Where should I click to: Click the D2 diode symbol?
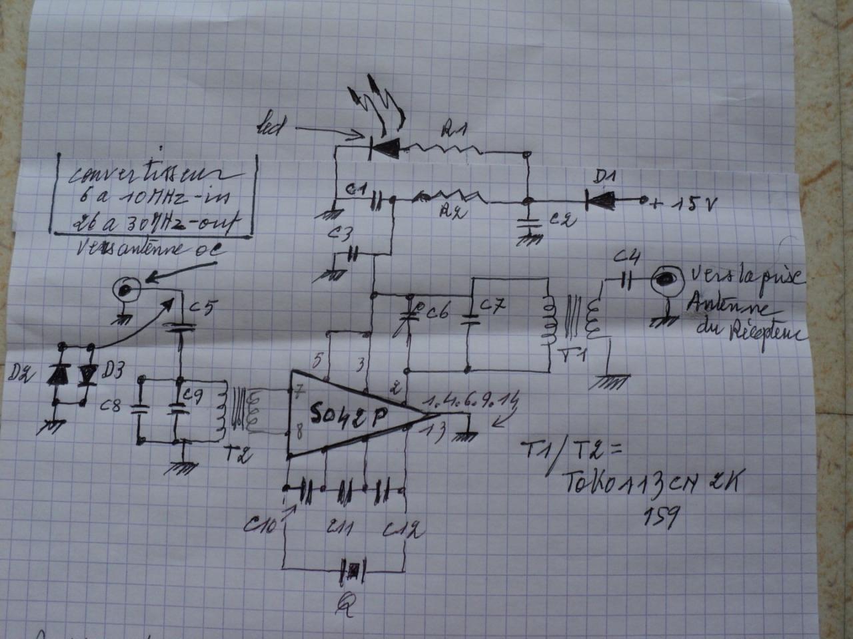(59, 376)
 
